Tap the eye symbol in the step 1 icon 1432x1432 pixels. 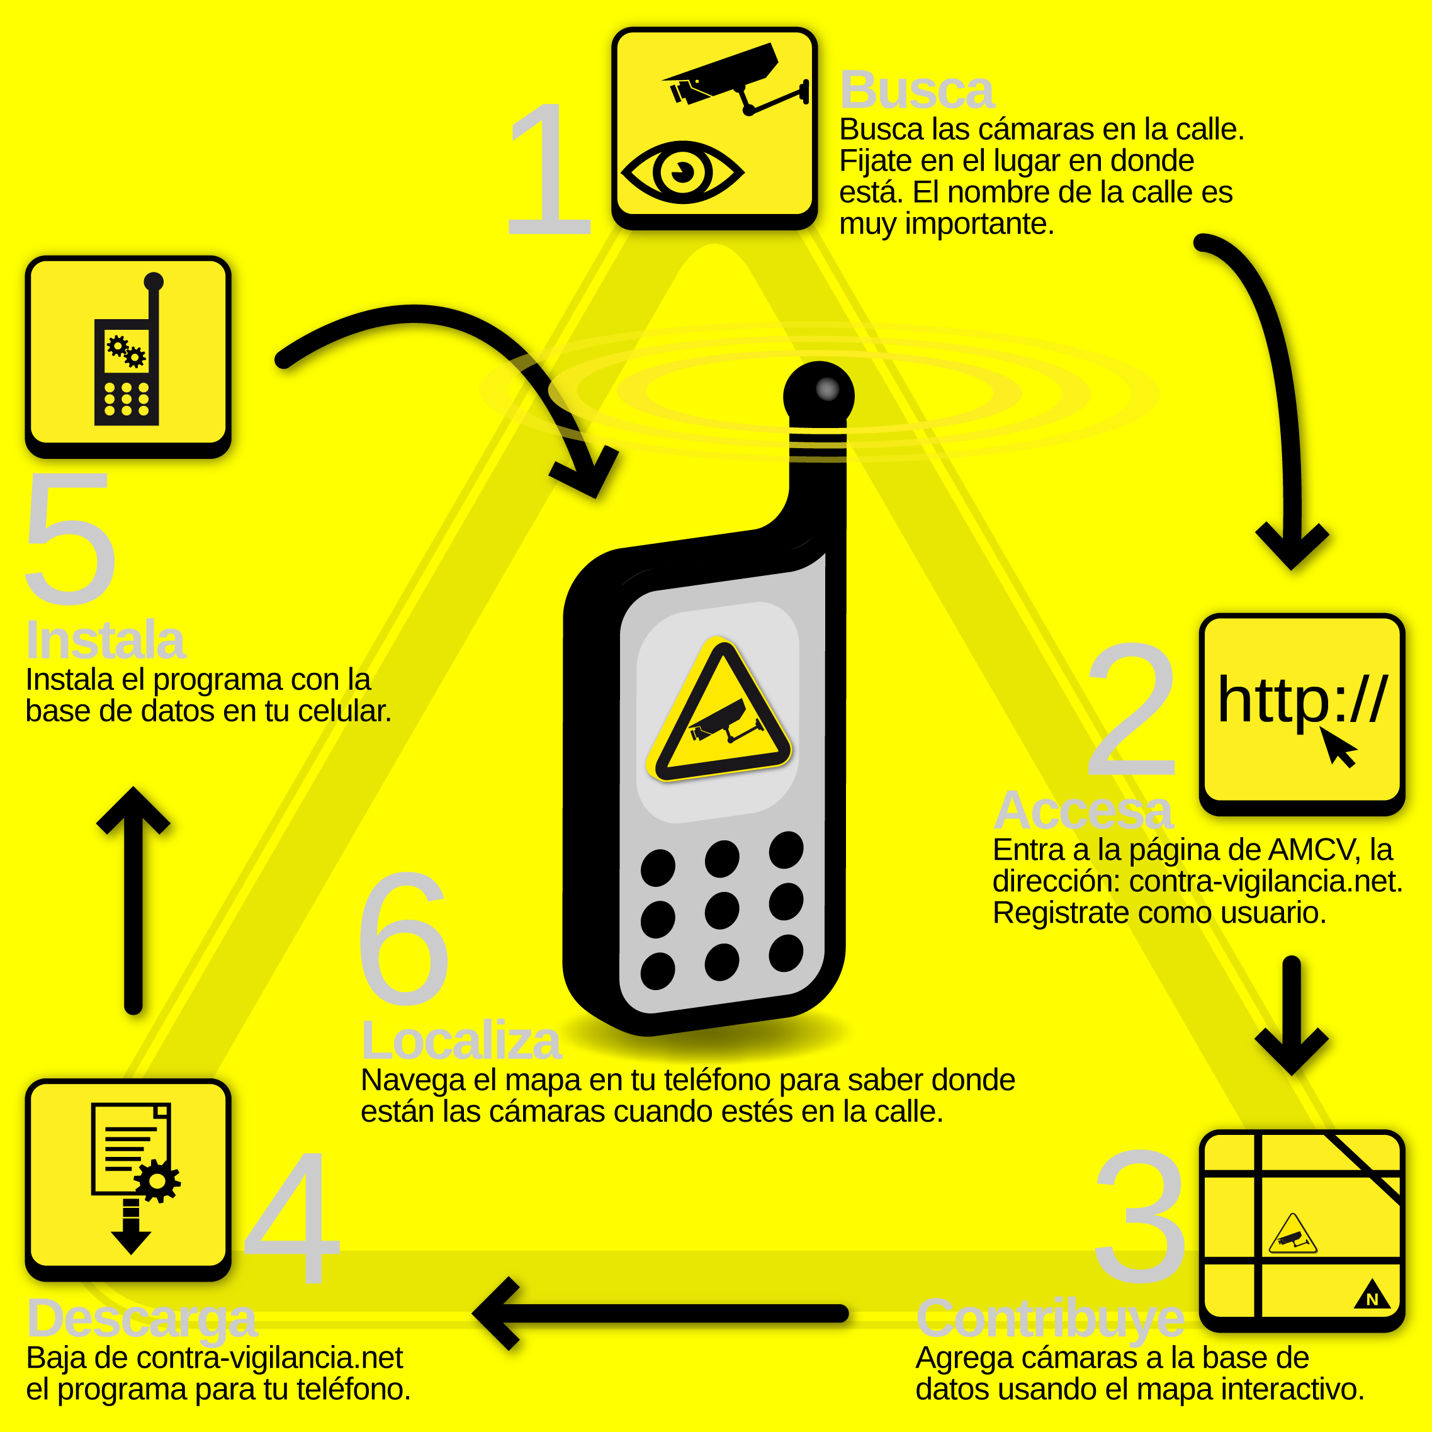[x=682, y=172]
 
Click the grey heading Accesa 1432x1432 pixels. [x=1083, y=811]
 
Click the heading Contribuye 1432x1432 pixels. [x=1049, y=1319]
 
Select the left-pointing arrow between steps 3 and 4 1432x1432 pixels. [x=660, y=1314]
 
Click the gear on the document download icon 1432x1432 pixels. [x=157, y=1180]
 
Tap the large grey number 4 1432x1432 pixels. [x=292, y=1219]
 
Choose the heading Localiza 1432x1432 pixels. [x=461, y=1040]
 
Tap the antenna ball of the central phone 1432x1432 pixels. [x=818, y=393]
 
